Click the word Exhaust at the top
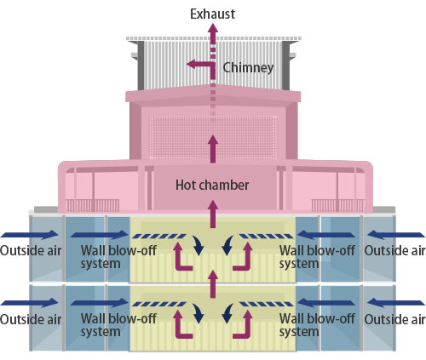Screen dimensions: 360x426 click(x=212, y=14)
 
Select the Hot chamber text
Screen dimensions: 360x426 click(x=211, y=184)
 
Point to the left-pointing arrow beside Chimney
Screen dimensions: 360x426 click(x=197, y=64)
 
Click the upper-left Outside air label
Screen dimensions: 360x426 click(x=31, y=250)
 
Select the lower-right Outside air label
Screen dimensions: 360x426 click(x=394, y=319)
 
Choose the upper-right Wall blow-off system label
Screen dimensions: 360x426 click(x=317, y=256)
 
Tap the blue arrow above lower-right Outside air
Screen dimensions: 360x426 click(x=394, y=301)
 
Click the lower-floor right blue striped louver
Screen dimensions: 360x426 click(x=266, y=305)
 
